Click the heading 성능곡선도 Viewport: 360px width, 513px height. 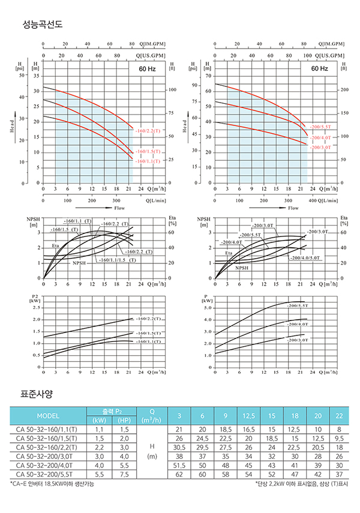(x=41, y=25)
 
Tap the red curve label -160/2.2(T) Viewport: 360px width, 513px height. (x=148, y=130)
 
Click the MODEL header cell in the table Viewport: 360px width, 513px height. (x=48, y=417)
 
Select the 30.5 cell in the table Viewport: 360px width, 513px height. (x=179, y=448)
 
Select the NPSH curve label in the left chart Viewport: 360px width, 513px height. (x=80, y=263)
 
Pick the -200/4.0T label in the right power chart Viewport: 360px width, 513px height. (x=297, y=325)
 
